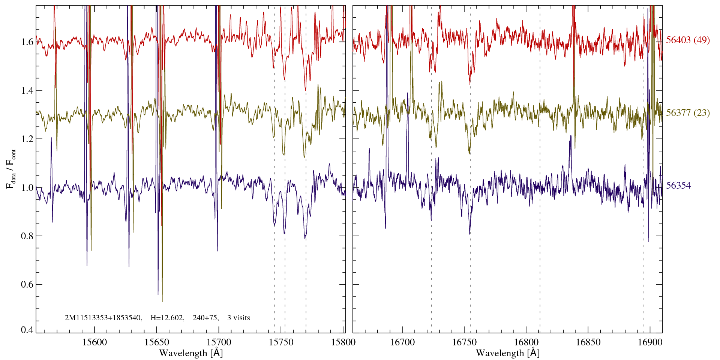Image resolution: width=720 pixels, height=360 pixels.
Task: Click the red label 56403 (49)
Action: pyautogui.click(x=688, y=40)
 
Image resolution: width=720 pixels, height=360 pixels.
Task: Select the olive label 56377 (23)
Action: pyautogui.click(x=688, y=113)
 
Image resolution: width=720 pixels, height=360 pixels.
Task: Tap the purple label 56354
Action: pyautogui.click(x=678, y=186)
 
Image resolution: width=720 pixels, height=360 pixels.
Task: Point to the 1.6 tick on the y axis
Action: pyautogui.click(x=27, y=42)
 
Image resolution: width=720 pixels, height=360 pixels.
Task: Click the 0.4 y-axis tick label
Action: pyautogui.click(x=27, y=330)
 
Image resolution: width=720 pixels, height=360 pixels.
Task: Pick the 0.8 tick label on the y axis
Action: pyautogui.click(x=27, y=236)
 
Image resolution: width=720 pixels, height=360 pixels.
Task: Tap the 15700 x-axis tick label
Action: pyautogui.click(x=219, y=342)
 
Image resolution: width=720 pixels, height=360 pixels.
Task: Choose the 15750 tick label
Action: pyautogui.click(x=281, y=342)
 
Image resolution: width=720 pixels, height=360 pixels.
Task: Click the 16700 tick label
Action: pyautogui.click(x=402, y=342)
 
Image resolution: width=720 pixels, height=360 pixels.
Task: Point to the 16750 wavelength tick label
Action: pyautogui.click(x=464, y=342)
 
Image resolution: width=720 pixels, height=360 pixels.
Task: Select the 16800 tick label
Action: pyautogui.click(x=526, y=342)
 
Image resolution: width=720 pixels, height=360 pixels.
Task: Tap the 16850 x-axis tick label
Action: pyautogui.click(x=588, y=342)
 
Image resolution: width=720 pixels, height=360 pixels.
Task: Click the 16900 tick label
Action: pyautogui.click(x=649, y=342)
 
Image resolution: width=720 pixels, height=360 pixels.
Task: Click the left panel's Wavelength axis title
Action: pyautogui.click(x=191, y=353)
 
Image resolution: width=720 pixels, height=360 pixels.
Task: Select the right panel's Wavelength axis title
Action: pyautogui.click(x=508, y=353)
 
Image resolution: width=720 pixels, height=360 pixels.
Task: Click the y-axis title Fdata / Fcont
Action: pyautogui.click(x=11, y=169)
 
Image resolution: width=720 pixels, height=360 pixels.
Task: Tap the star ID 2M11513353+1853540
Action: pyautogui.click(x=103, y=318)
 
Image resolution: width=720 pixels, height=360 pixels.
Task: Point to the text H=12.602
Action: pyautogui.click(x=167, y=318)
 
